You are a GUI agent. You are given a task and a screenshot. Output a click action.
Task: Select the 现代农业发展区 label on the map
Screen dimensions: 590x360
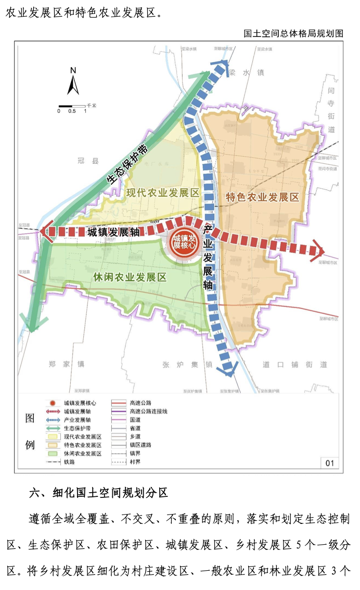pos(163,193)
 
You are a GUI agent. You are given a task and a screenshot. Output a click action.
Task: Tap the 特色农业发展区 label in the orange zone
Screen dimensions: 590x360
pos(262,197)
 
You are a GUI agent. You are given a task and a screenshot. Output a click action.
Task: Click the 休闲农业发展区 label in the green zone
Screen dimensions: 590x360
pos(130,277)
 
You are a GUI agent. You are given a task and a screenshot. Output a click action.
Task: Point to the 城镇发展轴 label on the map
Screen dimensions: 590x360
pos(113,232)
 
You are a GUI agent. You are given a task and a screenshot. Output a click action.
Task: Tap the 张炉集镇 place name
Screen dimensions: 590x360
pos(187,364)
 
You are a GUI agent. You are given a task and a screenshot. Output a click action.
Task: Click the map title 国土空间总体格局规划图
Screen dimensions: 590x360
pos(293,33)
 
